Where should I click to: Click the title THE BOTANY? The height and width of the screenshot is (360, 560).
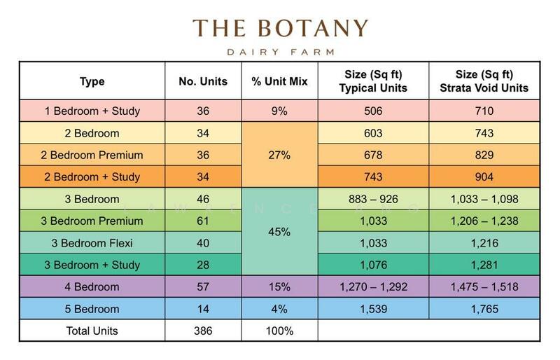[x=280, y=29]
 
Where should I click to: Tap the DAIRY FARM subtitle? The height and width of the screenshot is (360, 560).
[x=280, y=51]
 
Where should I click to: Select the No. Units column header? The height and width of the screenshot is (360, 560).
[x=203, y=81]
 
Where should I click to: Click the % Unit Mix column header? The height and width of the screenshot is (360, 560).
[x=279, y=81]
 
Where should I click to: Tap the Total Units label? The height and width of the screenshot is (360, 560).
[x=92, y=331]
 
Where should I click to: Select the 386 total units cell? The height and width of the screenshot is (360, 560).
[x=203, y=331]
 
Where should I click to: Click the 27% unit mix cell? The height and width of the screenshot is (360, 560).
[x=279, y=155]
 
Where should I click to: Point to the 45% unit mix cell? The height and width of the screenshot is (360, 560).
[x=279, y=232]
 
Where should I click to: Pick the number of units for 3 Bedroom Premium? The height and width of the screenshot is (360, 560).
[x=203, y=221]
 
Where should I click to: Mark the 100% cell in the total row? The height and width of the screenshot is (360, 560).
[x=279, y=331]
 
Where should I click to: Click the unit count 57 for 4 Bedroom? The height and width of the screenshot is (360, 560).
[x=203, y=287]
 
